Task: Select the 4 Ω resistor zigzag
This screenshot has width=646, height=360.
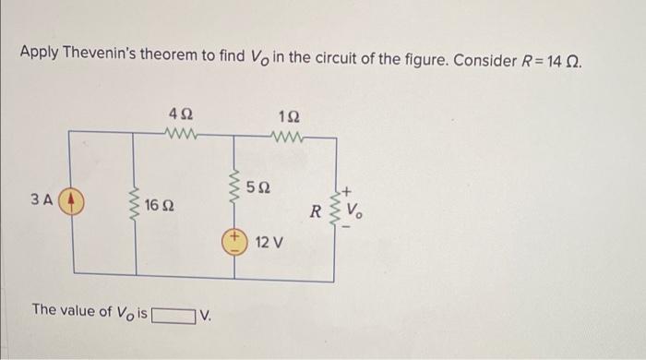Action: click(181, 133)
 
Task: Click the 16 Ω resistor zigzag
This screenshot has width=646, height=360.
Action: click(136, 201)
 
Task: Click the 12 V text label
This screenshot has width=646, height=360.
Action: click(269, 244)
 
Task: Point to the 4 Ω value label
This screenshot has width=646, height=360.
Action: click(181, 114)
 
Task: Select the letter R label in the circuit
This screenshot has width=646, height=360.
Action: click(316, 210)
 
